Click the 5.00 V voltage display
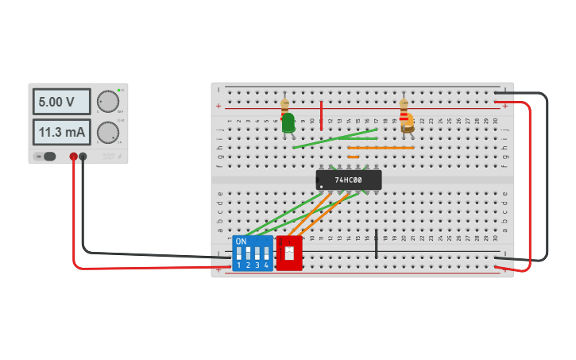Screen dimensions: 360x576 tap(62, 102)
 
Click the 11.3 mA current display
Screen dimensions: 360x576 tap(62, 132)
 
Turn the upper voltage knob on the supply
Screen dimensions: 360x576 tap(107, 102)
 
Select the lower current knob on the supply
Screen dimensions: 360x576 tap(107, 132)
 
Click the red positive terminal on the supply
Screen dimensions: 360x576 tap(73, 157)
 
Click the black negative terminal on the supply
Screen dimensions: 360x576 tap(83, 157)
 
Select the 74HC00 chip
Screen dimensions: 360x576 tap(349, 180)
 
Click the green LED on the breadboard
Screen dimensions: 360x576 tap(288, 122)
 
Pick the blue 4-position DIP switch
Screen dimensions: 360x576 tap(253, 254)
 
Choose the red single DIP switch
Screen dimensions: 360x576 tap(289, 254)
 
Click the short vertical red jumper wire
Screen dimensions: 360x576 tap(321, 115)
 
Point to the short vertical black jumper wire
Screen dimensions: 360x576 tap(377, 245)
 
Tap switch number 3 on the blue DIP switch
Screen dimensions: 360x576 tap(257, 254)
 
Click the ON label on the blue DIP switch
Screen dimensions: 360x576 tap(241, 241)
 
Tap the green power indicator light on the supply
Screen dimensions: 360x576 tap(118, 91)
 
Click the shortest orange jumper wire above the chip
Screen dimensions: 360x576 tap(353, 157)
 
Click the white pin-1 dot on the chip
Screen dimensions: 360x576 tap(321, 187)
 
